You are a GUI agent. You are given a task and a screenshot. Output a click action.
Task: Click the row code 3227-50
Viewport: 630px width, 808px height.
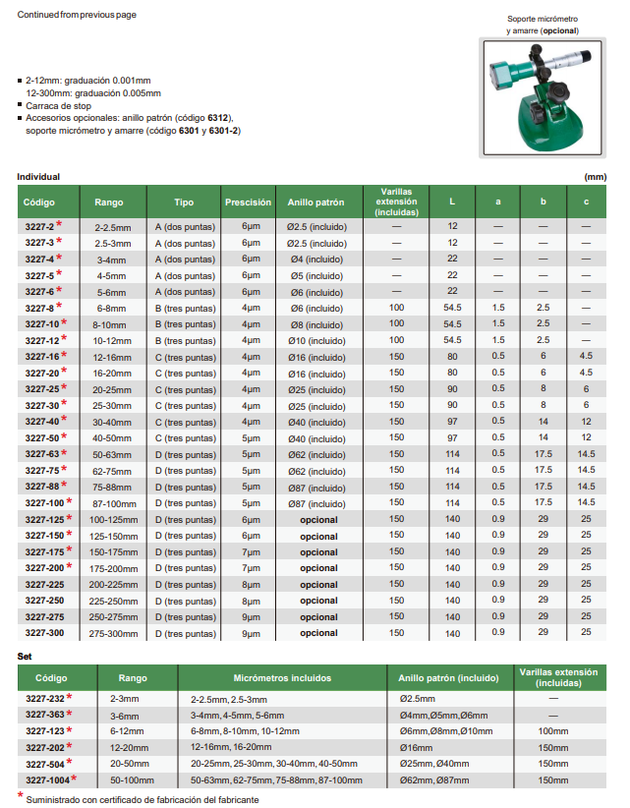[x=40, y=437]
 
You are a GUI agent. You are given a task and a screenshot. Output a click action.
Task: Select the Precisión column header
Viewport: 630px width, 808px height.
[x=248, y=202]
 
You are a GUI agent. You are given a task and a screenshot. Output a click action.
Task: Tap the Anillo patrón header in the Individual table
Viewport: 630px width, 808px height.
[x=316, y=202]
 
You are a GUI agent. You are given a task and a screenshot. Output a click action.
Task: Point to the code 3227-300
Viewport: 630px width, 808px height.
[x=44, y=633]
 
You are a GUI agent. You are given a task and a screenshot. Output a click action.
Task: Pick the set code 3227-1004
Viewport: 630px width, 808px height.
[x=47, y=779]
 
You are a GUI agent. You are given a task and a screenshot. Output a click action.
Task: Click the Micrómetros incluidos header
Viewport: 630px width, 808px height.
[x=282, y=678]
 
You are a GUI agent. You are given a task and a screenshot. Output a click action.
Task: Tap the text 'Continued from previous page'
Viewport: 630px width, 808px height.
[x=77, y=15]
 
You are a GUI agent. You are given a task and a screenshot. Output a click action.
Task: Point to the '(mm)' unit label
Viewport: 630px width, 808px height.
[x=594, y=177]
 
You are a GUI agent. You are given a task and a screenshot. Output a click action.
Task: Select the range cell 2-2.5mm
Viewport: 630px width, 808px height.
[x=109, y=226]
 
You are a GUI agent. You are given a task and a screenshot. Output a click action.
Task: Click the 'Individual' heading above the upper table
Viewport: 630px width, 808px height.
[x=39, y=177]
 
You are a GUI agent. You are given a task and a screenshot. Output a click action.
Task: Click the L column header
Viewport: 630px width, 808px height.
[x=452, y=202]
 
